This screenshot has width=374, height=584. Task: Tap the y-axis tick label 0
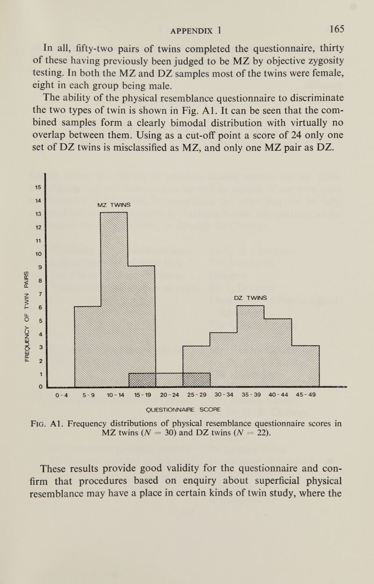point(41,386)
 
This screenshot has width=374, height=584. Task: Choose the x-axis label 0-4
point(61,395)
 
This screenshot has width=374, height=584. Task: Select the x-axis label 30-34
point(223,395)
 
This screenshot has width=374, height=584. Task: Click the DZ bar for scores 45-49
point(305,366)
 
